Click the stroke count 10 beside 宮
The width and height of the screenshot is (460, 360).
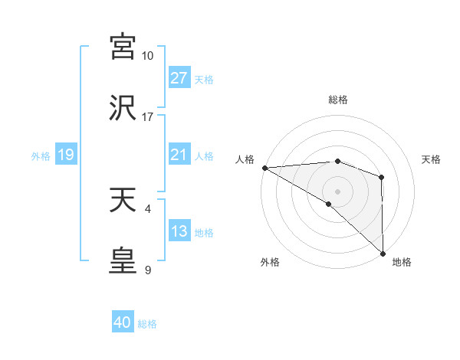coord(148,56)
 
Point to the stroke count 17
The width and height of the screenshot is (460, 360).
coord(148,117)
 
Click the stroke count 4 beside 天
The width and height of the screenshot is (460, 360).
coord(147,208)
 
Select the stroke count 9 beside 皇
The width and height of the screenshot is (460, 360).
coord(147,269)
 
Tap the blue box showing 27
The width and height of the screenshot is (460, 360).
coord(179,78)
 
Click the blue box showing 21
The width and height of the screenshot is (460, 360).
coord(179,155)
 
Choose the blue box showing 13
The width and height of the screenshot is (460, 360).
coord(179,231)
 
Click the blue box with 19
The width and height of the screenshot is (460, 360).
coord(65,155)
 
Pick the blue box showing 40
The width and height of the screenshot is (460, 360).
coord(123,322)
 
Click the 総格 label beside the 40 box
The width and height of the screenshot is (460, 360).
coord(148,324)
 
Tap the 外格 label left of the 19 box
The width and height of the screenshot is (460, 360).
coord(41,156)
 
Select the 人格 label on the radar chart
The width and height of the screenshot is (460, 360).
coord(245,159)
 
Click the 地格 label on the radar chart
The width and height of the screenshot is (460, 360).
coord(402,262)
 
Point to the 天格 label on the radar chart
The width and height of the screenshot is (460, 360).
coord(432,159)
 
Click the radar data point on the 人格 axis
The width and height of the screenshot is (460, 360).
coord(264,168)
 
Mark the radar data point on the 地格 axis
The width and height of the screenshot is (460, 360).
coord(383,254)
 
